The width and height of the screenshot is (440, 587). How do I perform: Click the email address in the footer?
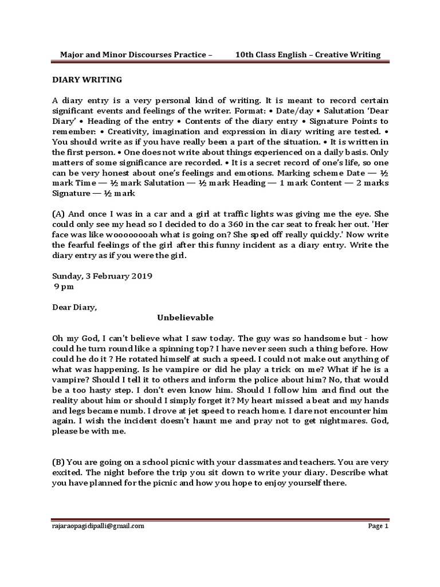click(99, 525)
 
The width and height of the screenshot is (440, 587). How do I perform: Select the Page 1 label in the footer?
click(378, 525)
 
